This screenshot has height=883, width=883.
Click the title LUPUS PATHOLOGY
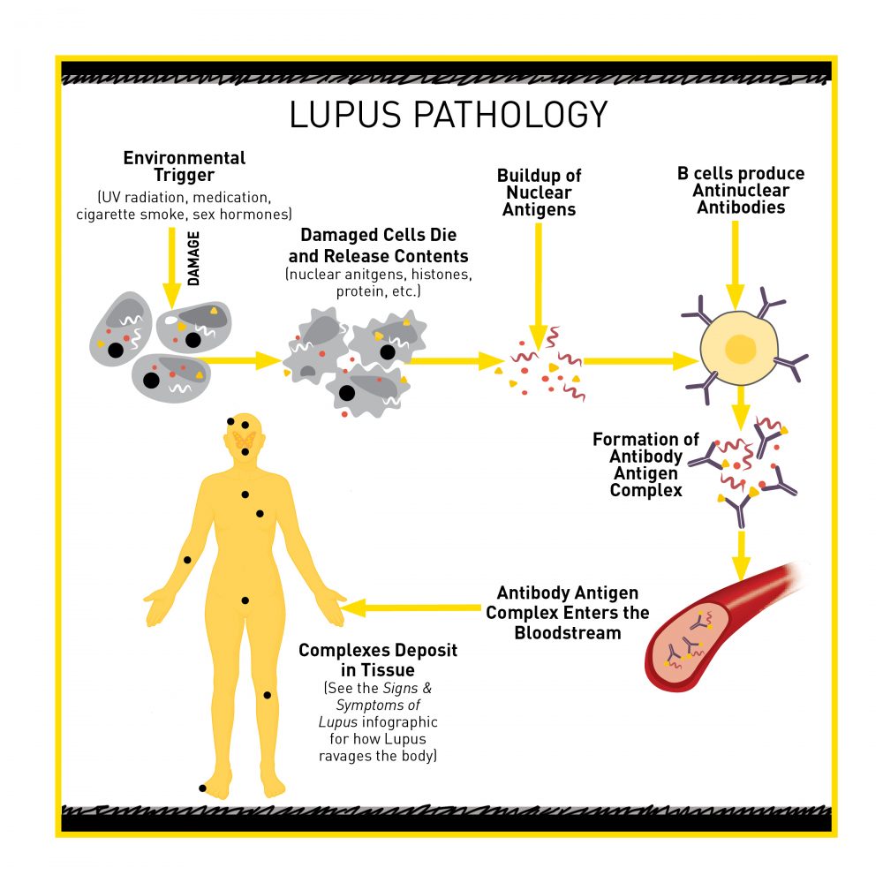click(x=449, y=115)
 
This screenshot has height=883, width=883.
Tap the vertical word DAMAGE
click(x=194, y=258)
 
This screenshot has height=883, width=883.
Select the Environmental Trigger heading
click(x=185, y=167)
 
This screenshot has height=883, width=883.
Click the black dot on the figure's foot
click(x=203, y=788)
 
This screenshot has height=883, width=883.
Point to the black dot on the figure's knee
click(x=268, y=696)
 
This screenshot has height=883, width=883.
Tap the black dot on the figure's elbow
click(x=187, y=561)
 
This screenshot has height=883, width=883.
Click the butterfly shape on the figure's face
click(x=245, y=439)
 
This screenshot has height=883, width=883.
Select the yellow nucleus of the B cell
click(x=741, y=349)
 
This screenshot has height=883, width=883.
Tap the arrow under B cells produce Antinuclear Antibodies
click(x=736, y=265)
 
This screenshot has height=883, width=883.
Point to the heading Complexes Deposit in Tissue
click(x=378, y=660)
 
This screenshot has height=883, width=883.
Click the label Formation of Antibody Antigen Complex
click(x=645, y=464)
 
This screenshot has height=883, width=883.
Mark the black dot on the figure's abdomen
click(x=245, y=600)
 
